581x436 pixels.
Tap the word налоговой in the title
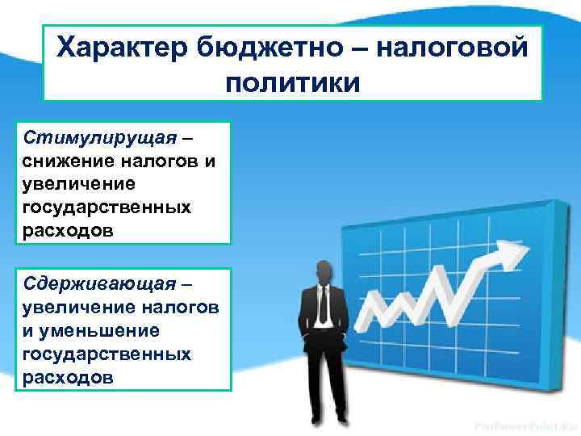point(452,48)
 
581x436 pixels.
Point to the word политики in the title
point(292,82)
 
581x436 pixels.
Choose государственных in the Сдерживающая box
point(107,354)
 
